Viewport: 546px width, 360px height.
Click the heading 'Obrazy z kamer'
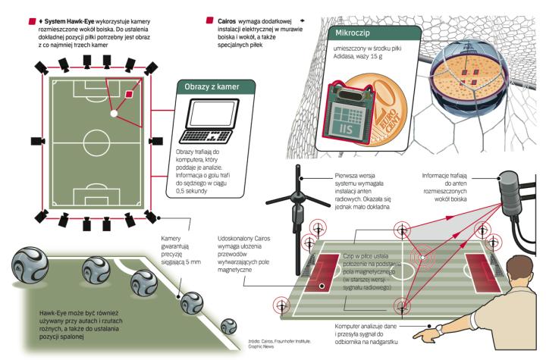tap(212, 87)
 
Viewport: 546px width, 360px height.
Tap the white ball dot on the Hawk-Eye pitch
tap(113, 114)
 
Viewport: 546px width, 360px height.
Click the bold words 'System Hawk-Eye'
tap(68, 16)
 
